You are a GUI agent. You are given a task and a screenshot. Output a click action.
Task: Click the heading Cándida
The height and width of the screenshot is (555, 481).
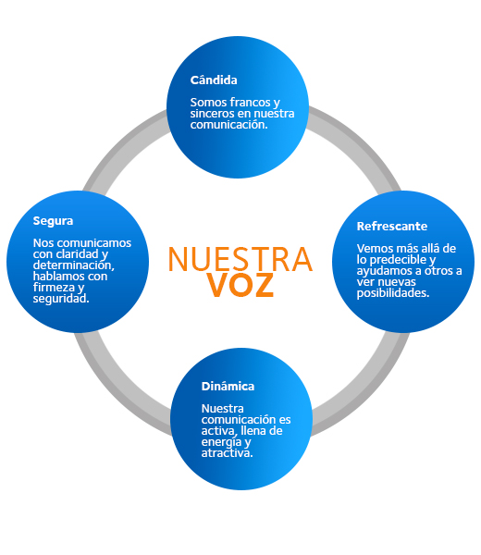click(214, 80)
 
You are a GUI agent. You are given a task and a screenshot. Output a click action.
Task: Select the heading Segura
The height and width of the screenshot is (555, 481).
click(53, 221)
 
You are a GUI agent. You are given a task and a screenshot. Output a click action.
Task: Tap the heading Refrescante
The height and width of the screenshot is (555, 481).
click(392, 227)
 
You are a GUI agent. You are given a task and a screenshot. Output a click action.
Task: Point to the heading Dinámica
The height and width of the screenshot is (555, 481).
click(228, 386)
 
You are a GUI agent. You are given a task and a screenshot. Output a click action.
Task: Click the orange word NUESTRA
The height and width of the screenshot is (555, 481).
click(240, 259)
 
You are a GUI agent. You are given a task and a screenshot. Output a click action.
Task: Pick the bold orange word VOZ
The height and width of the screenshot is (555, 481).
click(240, 285)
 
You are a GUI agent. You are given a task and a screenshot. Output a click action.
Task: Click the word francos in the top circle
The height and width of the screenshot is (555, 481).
click(249, 103)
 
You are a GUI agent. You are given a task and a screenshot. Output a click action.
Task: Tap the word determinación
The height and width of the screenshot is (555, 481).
click(73, 265)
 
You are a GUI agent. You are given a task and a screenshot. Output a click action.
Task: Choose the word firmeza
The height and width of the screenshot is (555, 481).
click(54, 287)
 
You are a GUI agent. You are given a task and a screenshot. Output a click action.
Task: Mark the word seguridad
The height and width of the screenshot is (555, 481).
click(61, 299)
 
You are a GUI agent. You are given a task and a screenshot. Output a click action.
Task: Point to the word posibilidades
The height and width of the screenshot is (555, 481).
click(393, 293)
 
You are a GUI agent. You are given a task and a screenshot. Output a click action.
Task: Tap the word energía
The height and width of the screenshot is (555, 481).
click(221, 442)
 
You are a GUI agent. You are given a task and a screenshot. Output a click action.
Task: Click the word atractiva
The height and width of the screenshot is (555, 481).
click(227, 453)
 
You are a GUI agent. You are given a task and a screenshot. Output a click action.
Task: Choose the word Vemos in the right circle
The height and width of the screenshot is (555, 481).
click(372, 249)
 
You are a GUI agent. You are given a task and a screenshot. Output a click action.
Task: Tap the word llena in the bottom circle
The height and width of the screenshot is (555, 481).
click(253, 431)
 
